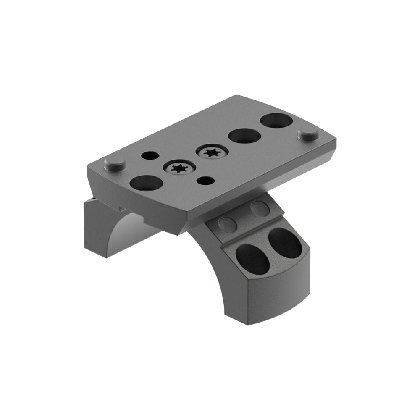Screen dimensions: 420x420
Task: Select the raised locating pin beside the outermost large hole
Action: pyautogui.click(x=307, y=134)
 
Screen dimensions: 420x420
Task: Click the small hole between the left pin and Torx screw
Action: pyautogui.click(x=150, y=155)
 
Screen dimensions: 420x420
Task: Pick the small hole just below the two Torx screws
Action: pyautogui.click(x=205, y=181)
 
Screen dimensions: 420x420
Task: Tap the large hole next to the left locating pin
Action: pyautogui.click(x=146, y=183)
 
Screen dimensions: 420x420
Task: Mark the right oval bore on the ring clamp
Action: pyautogui.click(x=284, y=243)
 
